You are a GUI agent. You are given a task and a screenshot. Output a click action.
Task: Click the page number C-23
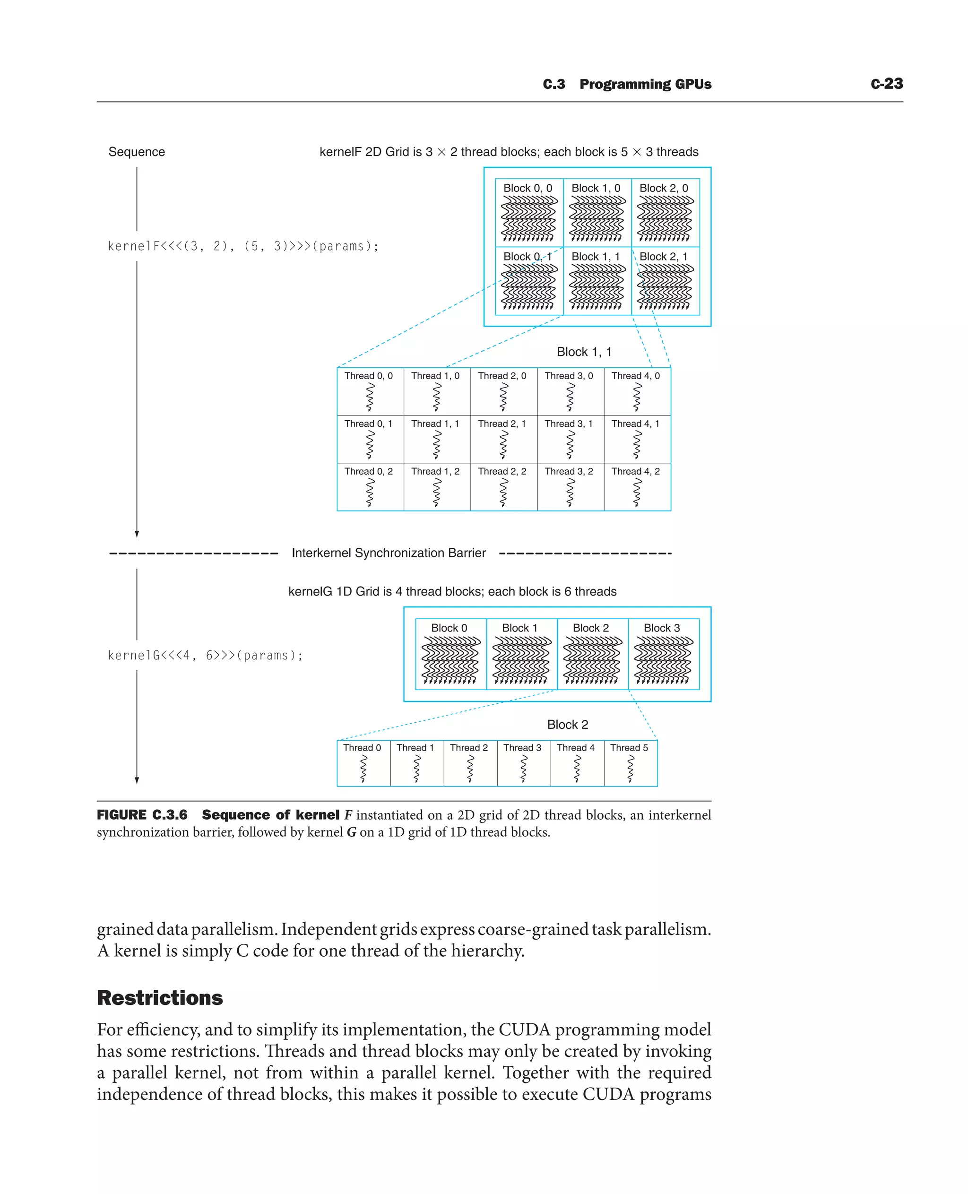886,84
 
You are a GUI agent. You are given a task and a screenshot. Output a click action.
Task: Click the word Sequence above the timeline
137,152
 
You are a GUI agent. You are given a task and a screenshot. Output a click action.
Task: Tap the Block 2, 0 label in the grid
664,188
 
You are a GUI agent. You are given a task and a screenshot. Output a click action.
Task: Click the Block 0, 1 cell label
527,257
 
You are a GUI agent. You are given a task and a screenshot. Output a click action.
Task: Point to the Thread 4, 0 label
635,376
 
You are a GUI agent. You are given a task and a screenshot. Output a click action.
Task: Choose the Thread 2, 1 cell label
501,424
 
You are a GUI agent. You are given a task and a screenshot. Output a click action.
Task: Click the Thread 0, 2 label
368,471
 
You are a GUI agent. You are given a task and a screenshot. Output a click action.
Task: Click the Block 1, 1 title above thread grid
584,352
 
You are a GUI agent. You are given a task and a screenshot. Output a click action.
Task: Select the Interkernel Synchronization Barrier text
389,553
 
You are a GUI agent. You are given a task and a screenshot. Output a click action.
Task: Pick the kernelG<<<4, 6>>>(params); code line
205,655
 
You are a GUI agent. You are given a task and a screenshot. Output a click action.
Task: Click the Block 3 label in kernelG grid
661,628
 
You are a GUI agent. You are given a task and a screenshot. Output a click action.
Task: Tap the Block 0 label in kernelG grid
449,628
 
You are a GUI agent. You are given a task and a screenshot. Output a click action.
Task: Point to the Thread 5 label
629,748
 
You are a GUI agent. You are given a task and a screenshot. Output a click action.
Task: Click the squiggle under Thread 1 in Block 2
416,769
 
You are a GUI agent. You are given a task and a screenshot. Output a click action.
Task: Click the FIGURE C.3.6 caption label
142,815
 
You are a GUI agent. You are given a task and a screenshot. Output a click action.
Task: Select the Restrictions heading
160,998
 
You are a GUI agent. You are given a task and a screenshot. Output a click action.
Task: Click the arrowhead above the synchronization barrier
137,534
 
